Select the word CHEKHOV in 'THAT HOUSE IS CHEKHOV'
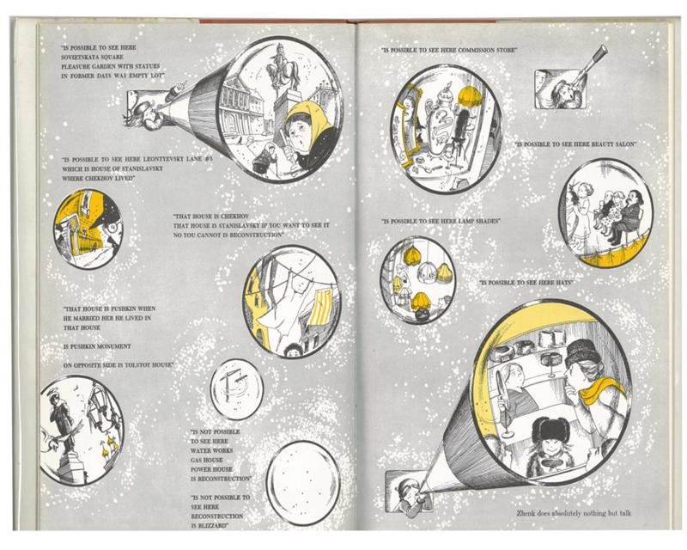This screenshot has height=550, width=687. (x=234, y=217)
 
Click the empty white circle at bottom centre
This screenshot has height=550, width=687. (x=303, y=482)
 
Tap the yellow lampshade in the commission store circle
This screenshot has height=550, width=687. (x=469, y=96)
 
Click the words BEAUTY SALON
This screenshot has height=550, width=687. (x=611, y=144)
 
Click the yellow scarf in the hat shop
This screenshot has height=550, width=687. (x=603, y=389)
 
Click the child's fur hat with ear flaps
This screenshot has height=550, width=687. (x=550, y=431)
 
